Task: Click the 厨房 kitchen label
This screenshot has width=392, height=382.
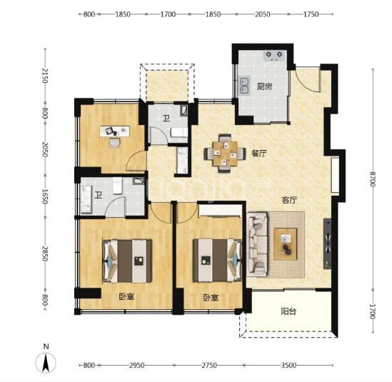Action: point(264,86)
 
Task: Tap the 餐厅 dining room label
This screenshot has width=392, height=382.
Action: point(259,154)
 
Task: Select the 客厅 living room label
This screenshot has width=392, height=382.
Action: point(289,200)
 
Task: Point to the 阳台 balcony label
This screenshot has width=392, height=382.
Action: point(288,311)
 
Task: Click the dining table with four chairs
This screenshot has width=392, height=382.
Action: point(225,154)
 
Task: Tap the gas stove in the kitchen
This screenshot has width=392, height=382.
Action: point(274,56)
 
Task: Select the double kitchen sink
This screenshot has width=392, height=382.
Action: point(244,86)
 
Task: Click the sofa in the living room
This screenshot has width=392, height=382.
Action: point(257,244)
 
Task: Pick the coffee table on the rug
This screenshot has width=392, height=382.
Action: point(285,244)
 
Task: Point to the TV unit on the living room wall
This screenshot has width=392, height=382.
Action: point(327,243)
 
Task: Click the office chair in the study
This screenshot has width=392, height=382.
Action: point(115,144)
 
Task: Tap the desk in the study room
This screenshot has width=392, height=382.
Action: point(115,131)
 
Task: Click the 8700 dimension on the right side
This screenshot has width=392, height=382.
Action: point(373,179)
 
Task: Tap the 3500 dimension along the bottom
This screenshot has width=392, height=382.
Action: point(288,366)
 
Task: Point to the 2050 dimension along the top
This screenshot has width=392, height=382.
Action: point(263,14)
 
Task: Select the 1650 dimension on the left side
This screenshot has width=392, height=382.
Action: point(44,196)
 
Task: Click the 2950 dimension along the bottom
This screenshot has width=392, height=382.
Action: point(137,366)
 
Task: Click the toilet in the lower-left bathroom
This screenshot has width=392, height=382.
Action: point(117,186)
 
